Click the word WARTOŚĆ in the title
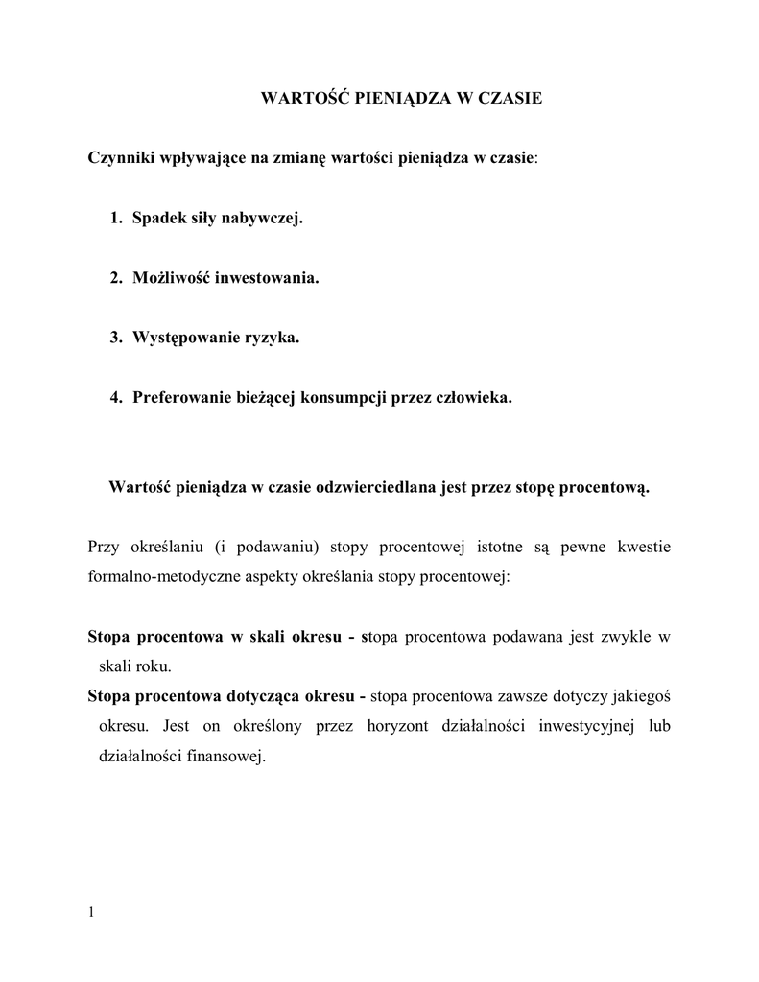(296, 99)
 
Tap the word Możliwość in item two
(170, 278)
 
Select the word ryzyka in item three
(275, 338)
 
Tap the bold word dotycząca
(259, 696)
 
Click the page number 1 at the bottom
(91, 912)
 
